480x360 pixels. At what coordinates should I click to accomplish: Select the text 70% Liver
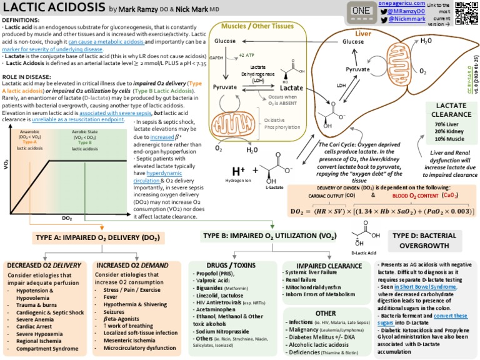pos(447,124)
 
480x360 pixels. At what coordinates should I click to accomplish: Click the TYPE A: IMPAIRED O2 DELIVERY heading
pos(99,238)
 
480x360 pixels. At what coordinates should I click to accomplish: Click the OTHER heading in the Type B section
pos(325,312)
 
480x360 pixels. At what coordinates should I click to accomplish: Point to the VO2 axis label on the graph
pos(6,166)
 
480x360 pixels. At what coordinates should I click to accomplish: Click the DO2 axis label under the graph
pos(67,218)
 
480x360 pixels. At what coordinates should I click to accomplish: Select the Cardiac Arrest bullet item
pos(37,317)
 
